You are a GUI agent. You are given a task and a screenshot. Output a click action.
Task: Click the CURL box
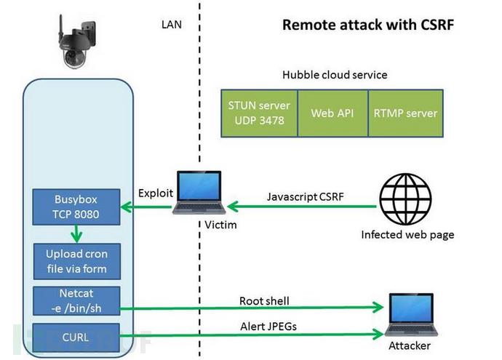(76, 337)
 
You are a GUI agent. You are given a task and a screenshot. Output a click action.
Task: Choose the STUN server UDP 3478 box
(258, 113)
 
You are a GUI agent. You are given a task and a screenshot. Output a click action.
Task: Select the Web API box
(332, 113)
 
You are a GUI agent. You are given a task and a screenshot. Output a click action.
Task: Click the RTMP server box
(405, 113)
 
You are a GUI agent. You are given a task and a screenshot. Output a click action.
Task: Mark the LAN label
(172, 25)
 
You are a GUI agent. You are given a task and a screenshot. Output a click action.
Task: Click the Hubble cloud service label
(335, 75)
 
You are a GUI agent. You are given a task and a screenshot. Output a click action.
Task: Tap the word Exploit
(154, 193)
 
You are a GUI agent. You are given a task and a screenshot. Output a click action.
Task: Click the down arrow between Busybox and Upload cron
(75, 233)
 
